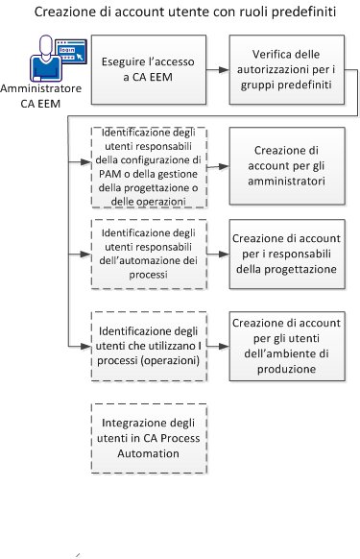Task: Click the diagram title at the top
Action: pyautogui.click(x=180, y=14)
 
